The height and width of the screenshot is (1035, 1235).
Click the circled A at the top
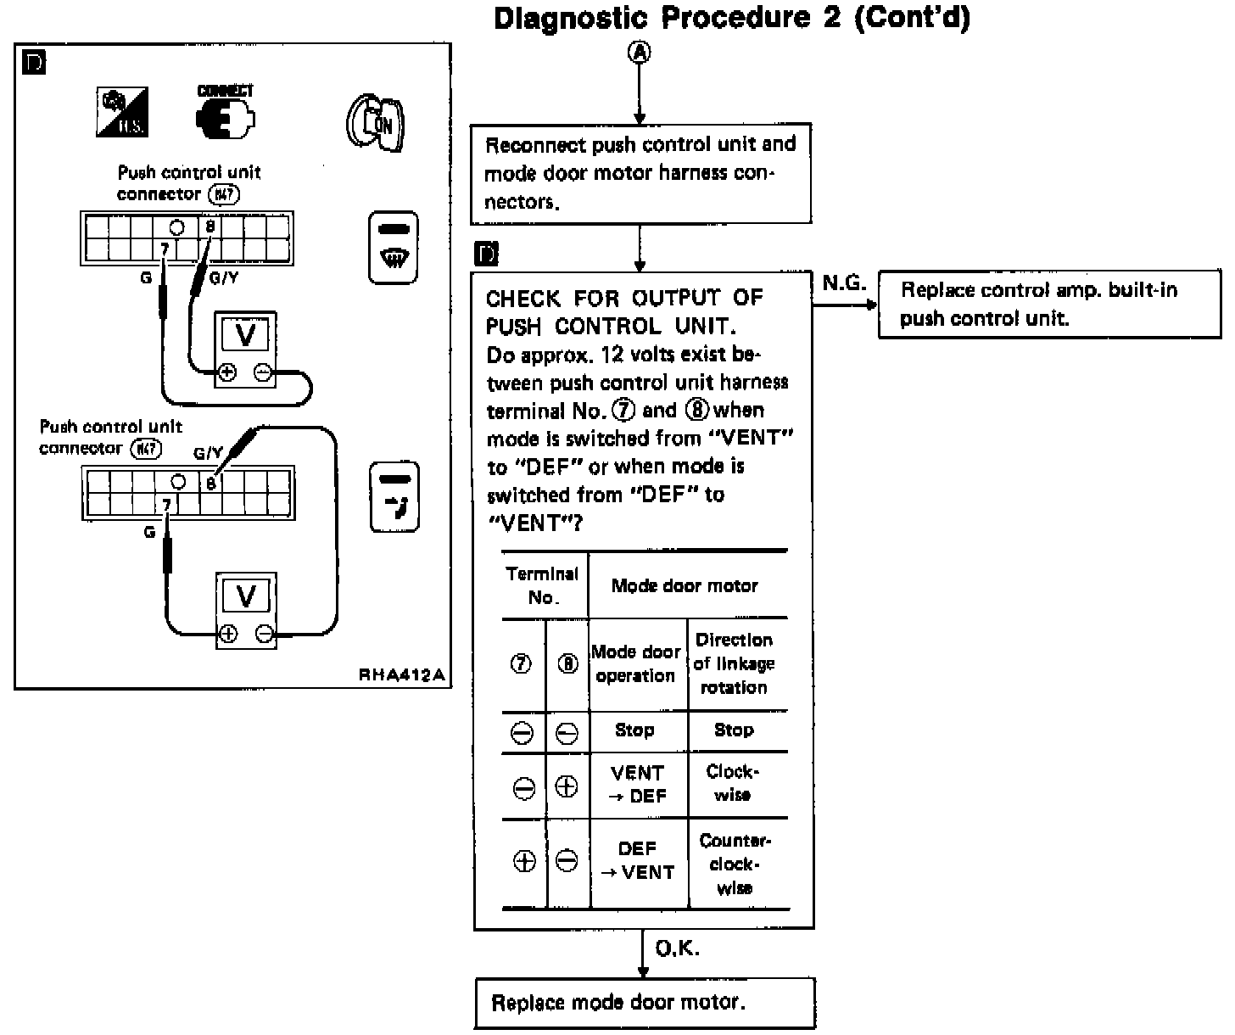tap(640, 53)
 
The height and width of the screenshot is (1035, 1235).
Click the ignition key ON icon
tap(376, 124)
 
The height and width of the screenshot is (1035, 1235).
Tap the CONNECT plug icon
tap(225, 114)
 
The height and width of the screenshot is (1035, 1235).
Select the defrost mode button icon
tap(394, 247)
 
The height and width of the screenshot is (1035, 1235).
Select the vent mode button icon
tap(394, 497)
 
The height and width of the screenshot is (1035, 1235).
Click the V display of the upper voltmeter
tap(245, 336)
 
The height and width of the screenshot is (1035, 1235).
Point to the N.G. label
tap(843, 283)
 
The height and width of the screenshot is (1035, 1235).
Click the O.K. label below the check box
tap(677, 948)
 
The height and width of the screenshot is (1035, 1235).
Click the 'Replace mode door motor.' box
tap(644, 1003)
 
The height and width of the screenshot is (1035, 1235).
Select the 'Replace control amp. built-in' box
tap(1048, 304)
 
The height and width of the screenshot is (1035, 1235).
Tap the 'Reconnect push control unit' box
tap(640, 173)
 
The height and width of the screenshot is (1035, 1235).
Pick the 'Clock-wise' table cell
tap(733, 784)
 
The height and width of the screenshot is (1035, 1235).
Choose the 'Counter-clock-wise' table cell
tap(735, 864)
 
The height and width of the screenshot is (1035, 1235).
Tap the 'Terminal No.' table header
tap(543, 585)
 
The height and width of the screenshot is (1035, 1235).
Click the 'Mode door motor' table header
tap(685, 585)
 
